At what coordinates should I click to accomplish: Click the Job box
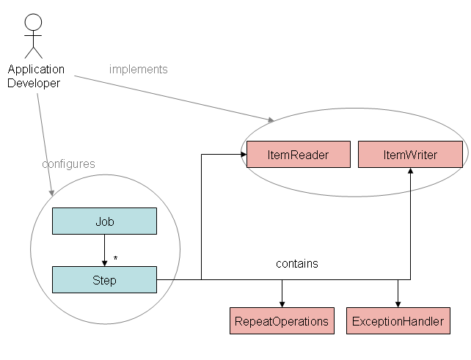[104, 221]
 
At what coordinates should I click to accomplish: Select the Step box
[104, 279]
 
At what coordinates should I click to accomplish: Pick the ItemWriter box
[410, 155]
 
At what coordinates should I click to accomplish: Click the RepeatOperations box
[282, 321]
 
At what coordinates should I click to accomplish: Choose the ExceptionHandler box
[398, 321]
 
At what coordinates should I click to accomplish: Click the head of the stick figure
[33, 21]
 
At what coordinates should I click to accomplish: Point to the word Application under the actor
[36, 70]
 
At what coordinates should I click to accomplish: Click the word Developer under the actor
[34, 83]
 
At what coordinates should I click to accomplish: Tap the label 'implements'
[139, 70]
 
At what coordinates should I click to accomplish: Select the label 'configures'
[68, 164]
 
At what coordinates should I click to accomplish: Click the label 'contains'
[297, 263]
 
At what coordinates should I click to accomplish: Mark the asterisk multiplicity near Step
[115, 259]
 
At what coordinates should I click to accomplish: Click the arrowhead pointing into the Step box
[104, 262]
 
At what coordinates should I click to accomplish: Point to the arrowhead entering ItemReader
[242, 155]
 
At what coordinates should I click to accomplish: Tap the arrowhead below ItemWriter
[410, 172]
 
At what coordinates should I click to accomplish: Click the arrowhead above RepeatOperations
[282, 304]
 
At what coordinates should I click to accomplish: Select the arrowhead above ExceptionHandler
[398, 304]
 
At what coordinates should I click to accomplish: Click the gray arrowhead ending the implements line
[271, 120]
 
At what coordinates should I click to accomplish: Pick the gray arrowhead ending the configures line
[51, 192]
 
